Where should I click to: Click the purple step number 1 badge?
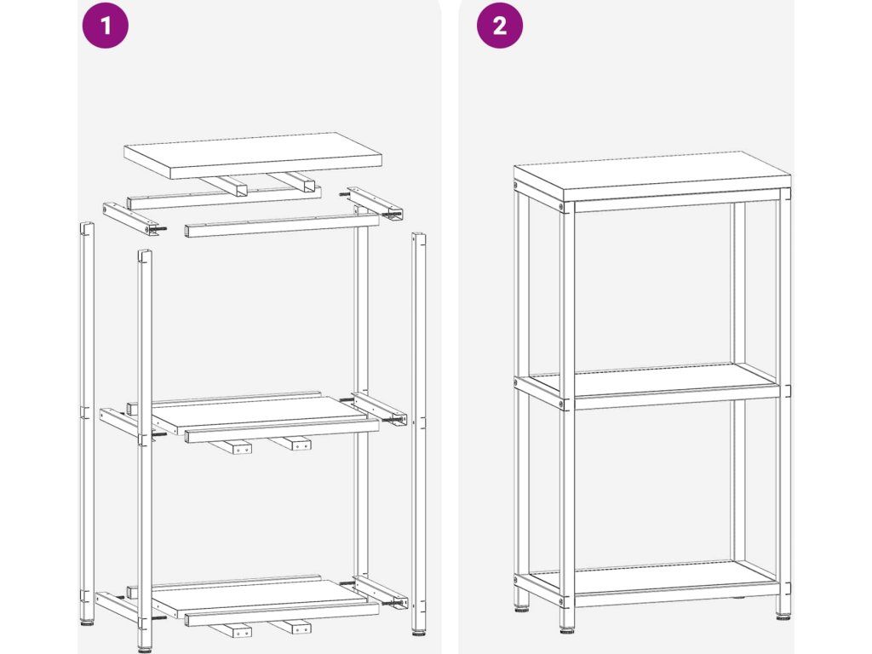(x=105, y=26)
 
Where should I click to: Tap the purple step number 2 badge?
(x=500, y=26)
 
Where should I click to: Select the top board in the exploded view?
(x=252, y=156)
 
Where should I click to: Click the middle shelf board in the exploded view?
(x=261, y=415)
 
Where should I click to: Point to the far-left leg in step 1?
(x=87, y=422)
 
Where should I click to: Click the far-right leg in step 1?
(x=418, y=433)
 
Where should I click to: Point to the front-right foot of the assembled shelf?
(x=783, y=616)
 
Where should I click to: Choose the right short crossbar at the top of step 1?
(x=376, y=201)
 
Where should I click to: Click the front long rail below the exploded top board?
(x=282, y=226)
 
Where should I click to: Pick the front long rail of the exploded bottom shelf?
(x=282, y=615)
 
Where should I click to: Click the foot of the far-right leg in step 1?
(x=418, y=631)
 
